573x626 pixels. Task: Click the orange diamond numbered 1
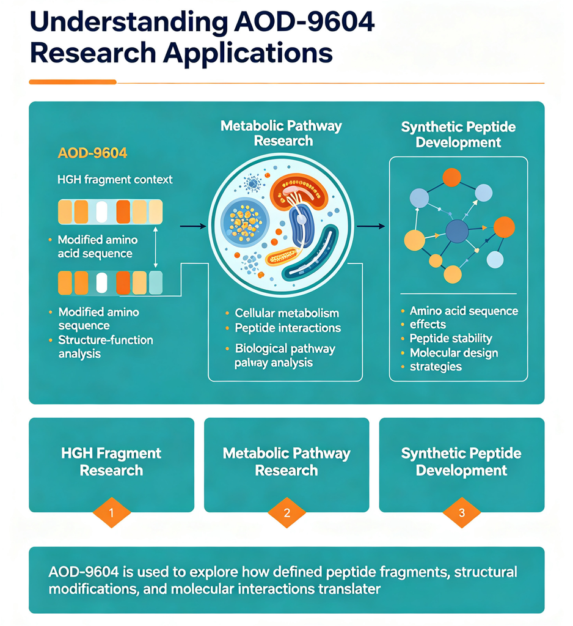pos(111,513)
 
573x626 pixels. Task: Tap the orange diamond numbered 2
pos(286,513)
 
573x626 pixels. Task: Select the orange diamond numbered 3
pos(462,513)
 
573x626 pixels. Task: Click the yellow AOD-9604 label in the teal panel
pos(92,153)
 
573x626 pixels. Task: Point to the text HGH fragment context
pos(115,180)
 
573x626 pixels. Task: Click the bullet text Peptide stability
pos(450,338)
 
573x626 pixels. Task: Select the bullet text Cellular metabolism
pos(286,313)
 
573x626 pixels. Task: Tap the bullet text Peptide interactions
pos(288,328)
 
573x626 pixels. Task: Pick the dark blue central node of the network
pos(457,231)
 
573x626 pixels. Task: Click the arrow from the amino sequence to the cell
pos(193,226)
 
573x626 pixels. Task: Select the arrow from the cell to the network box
pos(371,226)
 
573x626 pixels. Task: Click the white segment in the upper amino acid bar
pos(102,212)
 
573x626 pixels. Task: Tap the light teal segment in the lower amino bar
pos(156,282)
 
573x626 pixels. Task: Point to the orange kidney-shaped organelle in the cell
pos(299,191)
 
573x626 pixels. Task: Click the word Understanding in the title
pos(129,23)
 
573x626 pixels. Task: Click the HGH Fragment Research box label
pos(111,462)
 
